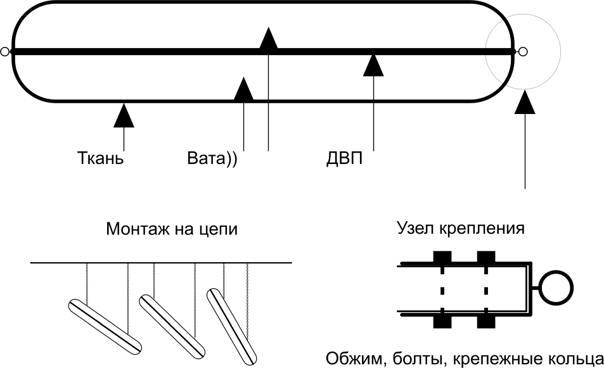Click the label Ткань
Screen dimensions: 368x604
click(x=100, y=157)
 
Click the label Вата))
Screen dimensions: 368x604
click(x=212, y=157)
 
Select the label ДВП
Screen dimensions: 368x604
click(x=340, y=157)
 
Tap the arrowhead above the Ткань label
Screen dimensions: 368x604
click(x=124, y=116)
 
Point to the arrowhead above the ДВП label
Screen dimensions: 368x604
click(x=374, y=65)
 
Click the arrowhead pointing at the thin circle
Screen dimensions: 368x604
click(x=525, y=103)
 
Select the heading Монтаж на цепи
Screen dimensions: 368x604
click(x=172, y=228)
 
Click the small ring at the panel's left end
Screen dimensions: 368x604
click(x=5, y=52)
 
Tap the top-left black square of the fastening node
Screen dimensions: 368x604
click(x=442, y=258)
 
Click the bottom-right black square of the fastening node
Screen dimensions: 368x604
click(x=486, y=320)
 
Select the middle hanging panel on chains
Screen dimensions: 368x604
click(x=172, y=324)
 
